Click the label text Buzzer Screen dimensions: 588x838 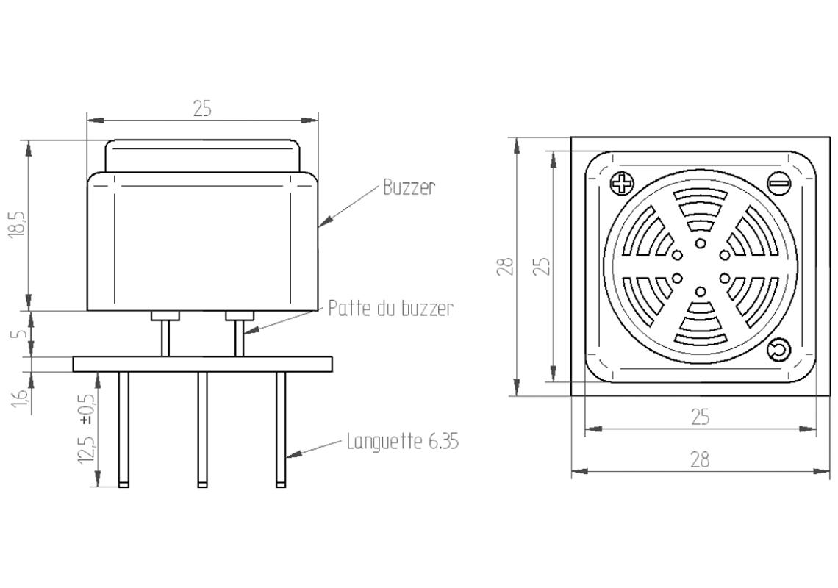[409, 187]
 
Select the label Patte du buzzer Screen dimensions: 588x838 [390, 308]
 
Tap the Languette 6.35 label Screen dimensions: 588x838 [403, 442]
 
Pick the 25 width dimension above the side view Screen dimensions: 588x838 [202, 109]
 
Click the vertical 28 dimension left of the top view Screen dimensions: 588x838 [504, 266]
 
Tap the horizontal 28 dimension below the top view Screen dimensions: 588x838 [700, 460]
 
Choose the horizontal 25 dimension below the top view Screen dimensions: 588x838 [700, 417]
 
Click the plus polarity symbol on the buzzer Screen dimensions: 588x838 [623, 182]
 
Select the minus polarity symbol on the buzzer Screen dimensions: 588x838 [778, 182]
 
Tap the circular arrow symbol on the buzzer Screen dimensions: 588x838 [778, 351]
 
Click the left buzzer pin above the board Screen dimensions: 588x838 [165, 338]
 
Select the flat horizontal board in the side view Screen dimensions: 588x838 [202, 364]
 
